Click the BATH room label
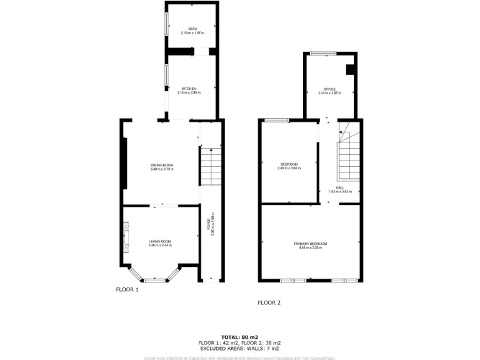(x=192, y=29)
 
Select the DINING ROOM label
(x=161, y=165)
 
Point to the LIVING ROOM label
(x=160, y=241)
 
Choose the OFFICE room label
(x=329, y=89)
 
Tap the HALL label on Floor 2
(x=340, y=187)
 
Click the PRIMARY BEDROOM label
(x=311, y=243)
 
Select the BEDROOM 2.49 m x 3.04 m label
(x=289, y=164)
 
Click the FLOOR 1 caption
(x=127, y=289)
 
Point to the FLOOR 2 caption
(x=269, y=302)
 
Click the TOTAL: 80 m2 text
(x=239, y=337)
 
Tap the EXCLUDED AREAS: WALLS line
(x=239, y=348)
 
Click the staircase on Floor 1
(x=211, y=166)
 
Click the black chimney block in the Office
(x=350, y=69)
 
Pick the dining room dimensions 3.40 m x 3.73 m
(x=161, y=169)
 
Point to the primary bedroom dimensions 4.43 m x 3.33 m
(x=311, y=247)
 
